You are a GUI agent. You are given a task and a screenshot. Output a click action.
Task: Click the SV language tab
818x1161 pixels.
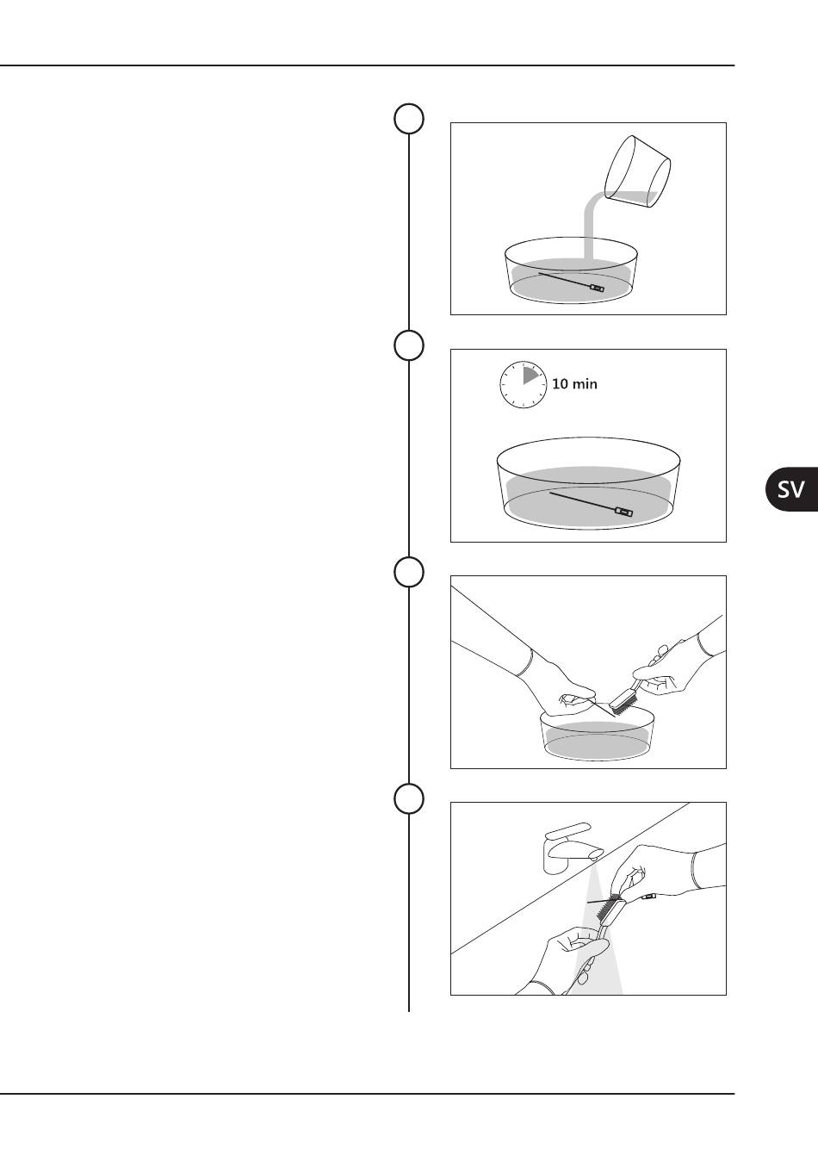[x=791, y=489]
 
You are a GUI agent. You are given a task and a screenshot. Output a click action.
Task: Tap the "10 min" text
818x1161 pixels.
[x=574, y=384]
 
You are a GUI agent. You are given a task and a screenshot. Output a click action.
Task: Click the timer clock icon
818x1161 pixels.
[x=524, y=385]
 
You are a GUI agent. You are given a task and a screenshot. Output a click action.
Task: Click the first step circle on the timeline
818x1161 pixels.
[x=409, y=119]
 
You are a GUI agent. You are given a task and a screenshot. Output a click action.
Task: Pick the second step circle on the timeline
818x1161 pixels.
[x=409, y=345]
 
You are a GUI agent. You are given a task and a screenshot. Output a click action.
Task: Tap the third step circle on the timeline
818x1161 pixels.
[x=409, y=572]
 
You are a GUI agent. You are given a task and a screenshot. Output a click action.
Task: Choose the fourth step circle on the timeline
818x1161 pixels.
[x=409, y=799]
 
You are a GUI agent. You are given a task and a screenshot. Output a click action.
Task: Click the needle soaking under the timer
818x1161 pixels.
[x=591, y=505]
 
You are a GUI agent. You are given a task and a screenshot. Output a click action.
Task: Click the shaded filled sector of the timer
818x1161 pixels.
[x=530, y=376]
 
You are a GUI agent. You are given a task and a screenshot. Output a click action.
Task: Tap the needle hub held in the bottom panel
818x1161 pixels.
[x=649, y=896]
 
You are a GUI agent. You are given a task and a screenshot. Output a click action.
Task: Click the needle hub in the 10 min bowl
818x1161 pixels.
[x=623, y=512]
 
